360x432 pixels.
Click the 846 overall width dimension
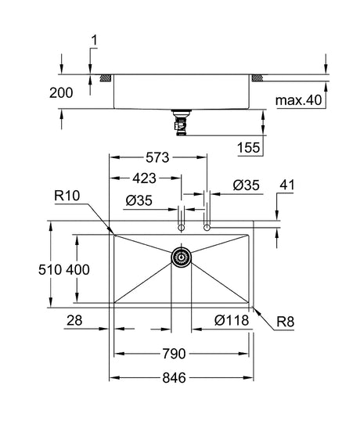pyautogui.click(x=174, y=378)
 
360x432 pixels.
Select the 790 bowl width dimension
pyautogui.click(x=174, y=354)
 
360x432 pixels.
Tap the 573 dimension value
pyautogui.click(x=157, y=157)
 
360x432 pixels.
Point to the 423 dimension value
pyautogui.click(x=144, y=178)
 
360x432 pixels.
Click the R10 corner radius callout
pyautogui.click(x=67, y=196)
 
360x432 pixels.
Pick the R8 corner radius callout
pyautogui.click(x=286, y=322)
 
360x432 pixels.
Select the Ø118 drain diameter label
pyautogui.click(x=232, y=320)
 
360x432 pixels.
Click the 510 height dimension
pyautogui.click(x=50, y=269)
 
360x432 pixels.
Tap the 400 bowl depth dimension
pyautogui.click(x=77, y=269)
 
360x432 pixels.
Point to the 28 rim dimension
pyautogui.click(x=74, y=320)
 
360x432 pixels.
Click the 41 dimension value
pyautogui.click(x=287, y=185)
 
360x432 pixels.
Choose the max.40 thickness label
pyautogui.click(x=299, y=100)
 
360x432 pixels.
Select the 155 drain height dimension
pyautogui.click(x=248, y=148)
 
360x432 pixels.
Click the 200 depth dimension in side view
pyautogui.click(x=61, y=93)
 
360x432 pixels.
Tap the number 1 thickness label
pyautogui.click(x=95, y=41)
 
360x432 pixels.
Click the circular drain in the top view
pyautogui.click(x=181, y=257)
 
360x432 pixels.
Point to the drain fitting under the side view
pyautogui.click(x=181, y=123)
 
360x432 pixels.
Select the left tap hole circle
pyautogui.click(x=181, y=228)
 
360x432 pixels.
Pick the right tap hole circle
pyautogui.click(x=207, y=228)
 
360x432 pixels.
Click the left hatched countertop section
pyautogui.click(x=106, y=78)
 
